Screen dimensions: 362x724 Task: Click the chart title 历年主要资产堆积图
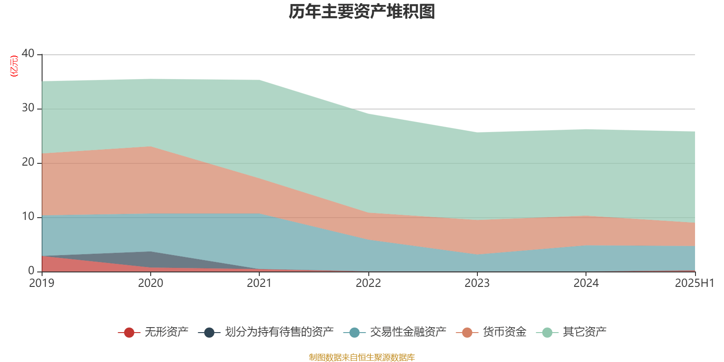pos(362,12)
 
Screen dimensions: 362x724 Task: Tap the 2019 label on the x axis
pos(42,283)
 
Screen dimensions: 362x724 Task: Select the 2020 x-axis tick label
pos(151,283)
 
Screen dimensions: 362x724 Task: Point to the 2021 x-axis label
pos(259,283)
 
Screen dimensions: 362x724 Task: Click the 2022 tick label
pos(368,283)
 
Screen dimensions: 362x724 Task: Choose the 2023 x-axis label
pos(477,283)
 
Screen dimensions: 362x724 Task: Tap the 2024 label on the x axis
pos(586,283)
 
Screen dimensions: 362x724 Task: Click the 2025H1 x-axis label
pos(694,283)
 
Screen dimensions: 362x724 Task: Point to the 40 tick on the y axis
pos(28,53)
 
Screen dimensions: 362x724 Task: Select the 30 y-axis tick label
pos(28,108)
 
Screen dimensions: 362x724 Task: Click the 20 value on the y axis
pos(28,162)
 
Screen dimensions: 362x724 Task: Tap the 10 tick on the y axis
pos(28,217)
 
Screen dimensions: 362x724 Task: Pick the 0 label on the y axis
pos(31,271)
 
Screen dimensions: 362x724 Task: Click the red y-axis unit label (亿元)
pos(14,66)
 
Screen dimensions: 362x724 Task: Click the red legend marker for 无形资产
pos(129,333)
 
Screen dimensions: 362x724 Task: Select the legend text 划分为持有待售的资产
pos(279,332)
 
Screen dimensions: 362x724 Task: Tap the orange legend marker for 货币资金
pos(467,333)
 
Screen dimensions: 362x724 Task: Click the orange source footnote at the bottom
pos(362,357)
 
